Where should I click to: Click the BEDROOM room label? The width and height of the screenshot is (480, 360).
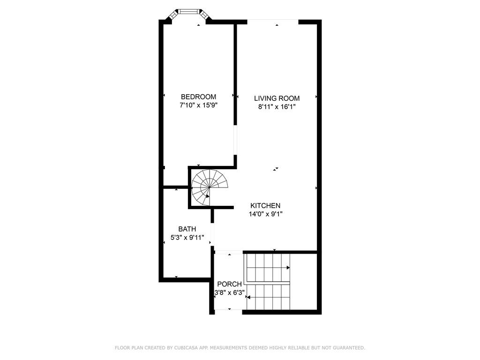tap(198, 97)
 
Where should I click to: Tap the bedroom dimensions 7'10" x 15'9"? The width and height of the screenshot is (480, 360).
tap(198, 105)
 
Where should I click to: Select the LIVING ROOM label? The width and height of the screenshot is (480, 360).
tap(277, 98)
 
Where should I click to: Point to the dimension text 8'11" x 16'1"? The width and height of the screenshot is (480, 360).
tap(277, 107)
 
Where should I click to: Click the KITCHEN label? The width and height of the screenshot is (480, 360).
tap(265, 206)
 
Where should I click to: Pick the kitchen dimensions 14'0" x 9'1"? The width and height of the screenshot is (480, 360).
tap(265, 214)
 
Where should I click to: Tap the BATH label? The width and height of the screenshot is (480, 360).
tap(187, 229)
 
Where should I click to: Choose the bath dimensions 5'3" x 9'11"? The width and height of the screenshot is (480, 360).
tap(187, 237)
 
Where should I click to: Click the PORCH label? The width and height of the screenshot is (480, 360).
tap(230, 284)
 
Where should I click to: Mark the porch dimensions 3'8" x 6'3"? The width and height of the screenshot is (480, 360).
tap(230, 292)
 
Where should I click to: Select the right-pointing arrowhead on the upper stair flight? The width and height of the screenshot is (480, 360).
tap(288, 268)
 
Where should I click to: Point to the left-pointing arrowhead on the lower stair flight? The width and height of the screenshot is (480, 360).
tap(248, 297)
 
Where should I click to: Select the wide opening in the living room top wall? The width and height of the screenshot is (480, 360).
tap(273, 21)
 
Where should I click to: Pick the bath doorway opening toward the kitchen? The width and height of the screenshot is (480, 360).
tap(212, 234)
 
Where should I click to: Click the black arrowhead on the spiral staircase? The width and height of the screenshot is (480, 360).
tap(208, 196)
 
